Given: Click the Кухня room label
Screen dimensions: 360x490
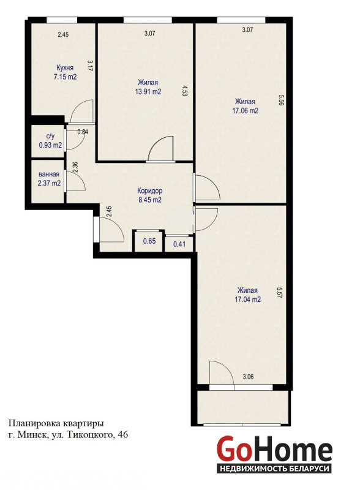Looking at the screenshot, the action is coord(65,68).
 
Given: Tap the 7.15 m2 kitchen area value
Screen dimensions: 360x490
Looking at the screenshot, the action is coord(65,77).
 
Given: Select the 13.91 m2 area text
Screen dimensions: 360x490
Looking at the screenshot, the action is coord(148,92).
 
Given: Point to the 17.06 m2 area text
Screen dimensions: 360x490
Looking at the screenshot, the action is coord(246,111).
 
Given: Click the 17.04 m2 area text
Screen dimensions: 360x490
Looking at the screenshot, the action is coord(248,300).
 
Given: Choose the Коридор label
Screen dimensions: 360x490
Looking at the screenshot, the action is coord(150,190).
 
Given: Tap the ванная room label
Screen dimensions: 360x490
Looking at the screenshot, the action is coord(49,175).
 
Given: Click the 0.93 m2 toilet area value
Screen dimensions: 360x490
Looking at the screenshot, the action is coord(50,145).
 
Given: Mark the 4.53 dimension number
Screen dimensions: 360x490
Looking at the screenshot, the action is coord(184,91).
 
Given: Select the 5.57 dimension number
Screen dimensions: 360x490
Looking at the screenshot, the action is coord(279,293).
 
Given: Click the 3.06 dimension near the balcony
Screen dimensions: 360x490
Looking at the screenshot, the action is coord(248,377).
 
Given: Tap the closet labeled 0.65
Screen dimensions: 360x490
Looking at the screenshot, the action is coord(149,241).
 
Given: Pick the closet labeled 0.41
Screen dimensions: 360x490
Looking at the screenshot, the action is coord(179,244).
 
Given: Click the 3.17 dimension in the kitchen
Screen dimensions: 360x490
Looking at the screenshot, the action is coord(90,66).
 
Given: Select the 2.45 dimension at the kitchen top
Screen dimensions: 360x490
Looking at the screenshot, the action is coord(63,35).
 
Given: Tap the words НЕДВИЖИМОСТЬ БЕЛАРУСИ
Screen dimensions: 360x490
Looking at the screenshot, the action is coord(275,469).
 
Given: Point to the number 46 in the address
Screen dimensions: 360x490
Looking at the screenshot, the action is coord(123,435).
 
